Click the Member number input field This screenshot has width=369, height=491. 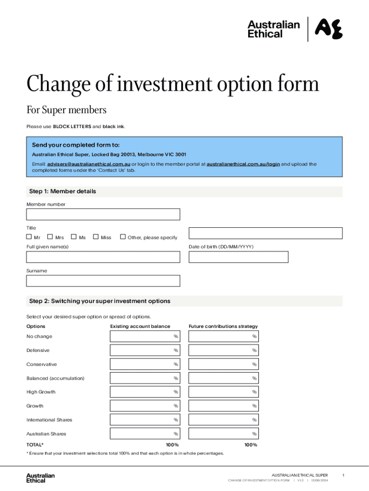pos(103,214)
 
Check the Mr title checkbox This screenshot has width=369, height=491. pos(29,237)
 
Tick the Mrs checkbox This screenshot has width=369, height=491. pos(50,237)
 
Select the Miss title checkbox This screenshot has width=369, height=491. pos(96,237)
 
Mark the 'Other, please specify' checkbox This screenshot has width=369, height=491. pos(123,237)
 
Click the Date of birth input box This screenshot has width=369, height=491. pos(238,257)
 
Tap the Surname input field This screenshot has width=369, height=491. pos(103,281)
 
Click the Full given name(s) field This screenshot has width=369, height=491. pos(103,257)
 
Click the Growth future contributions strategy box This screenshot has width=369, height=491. pos(223,406)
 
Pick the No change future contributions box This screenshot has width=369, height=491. pos(223,337)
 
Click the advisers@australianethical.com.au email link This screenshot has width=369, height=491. pos(89,164)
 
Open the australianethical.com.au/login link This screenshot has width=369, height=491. pos(243,164)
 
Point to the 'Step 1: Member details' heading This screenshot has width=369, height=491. pos(63,191)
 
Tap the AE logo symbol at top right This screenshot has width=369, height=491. pos(329,29)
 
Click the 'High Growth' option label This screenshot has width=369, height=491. pos(41,392)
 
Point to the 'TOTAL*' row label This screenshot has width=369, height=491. pos(35,445)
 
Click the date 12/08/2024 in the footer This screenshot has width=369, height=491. pos(319,480)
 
